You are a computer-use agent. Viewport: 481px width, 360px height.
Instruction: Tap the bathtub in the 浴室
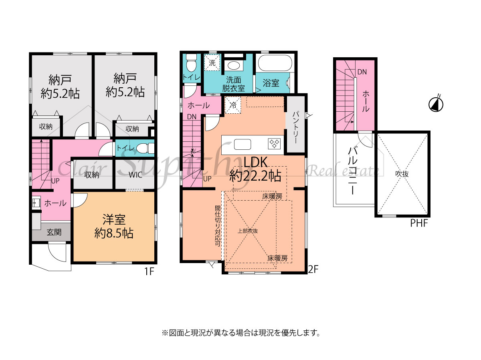pos(275,63)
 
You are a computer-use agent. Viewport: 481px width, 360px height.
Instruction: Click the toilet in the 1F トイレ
pos(145,148)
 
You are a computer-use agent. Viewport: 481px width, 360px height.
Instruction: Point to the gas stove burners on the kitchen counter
pos(274,144)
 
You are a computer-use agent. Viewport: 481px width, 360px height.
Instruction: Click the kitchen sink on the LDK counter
pos(243,145)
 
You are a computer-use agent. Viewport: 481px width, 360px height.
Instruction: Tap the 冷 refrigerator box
pos(233,105)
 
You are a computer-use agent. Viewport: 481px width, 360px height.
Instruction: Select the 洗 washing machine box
pos(212,62)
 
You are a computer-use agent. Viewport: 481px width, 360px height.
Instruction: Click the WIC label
pos(135,175)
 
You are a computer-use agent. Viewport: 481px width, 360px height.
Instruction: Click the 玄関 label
pos(54,232)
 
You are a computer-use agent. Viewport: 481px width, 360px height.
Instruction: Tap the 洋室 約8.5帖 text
pos(114,226)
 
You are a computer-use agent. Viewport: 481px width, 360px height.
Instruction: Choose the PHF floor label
pos(419,223)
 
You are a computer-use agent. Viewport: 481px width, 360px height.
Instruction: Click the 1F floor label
pos(149,272)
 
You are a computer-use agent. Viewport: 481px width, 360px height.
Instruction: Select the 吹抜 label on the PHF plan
pos(402,174)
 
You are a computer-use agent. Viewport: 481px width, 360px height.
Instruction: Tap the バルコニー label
pos(352,171)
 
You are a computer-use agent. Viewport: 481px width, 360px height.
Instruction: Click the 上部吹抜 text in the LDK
pos(248,231)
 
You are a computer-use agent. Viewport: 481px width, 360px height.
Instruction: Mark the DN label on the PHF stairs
pos(362,72)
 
